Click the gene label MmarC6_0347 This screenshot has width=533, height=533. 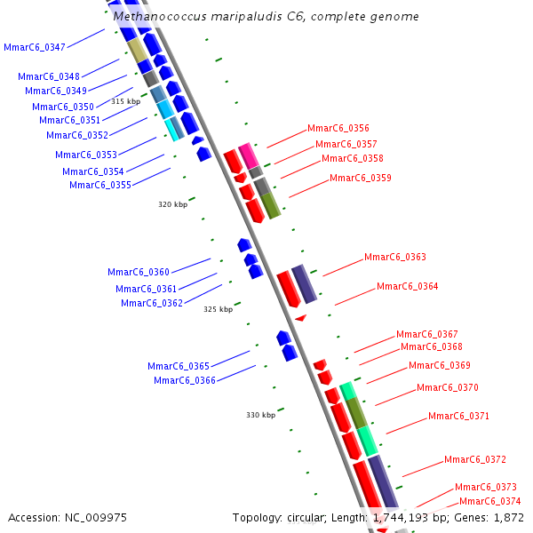pos(34,47)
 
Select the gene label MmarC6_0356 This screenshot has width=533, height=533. pos(338,129)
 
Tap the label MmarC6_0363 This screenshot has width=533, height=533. pos(394,258)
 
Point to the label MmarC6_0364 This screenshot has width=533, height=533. pos(407,286)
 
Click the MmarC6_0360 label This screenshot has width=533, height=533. pos(138,272)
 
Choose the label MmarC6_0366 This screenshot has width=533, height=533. pos(184,380)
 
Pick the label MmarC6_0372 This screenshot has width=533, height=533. pos(474,459)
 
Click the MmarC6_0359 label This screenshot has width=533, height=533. pos(360,178)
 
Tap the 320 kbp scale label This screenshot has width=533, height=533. pos(172,204)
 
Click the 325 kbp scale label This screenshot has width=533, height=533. pos(218,309)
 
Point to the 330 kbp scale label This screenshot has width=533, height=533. pos(260,415)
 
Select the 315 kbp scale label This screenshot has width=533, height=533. pos(125,101)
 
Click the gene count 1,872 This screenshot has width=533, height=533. pos(508,517)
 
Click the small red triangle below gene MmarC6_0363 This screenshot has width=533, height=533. pos(300,317)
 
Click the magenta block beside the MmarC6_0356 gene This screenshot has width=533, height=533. pos(247,154)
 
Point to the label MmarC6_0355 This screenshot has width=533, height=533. pos(99,185)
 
